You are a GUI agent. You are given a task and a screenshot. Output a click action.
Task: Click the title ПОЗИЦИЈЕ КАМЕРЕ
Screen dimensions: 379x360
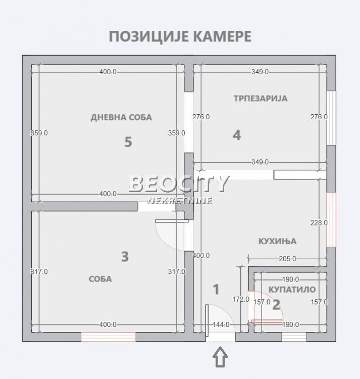tap(180, 37)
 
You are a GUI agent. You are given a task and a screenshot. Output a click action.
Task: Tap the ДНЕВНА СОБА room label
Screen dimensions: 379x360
tap(121, 117)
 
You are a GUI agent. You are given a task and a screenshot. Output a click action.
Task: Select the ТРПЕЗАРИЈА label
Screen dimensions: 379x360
tap(260, 98)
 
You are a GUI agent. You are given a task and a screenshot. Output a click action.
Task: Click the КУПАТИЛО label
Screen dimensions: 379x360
tap(292, 290)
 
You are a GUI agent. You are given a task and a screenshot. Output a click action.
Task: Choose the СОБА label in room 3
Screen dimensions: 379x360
tap(100, 278)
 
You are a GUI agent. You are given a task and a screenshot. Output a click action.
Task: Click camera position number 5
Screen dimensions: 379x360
tap(128, 142)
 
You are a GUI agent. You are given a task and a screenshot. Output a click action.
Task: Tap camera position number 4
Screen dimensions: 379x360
tap(237, 135)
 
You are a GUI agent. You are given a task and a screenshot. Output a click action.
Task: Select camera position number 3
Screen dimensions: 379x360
tap(125, 257)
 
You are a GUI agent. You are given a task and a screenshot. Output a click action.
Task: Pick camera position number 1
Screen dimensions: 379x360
tap(216, 290)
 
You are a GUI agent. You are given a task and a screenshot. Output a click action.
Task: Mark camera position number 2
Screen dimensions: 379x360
tap(276, 304)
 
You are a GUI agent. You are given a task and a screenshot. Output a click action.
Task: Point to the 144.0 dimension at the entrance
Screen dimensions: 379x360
tap(221, 325)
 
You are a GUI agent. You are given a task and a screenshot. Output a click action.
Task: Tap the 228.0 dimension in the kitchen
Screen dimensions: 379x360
tap(319, 222)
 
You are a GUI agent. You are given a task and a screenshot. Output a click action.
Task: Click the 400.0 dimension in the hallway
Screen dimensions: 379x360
tap(201, 256)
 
